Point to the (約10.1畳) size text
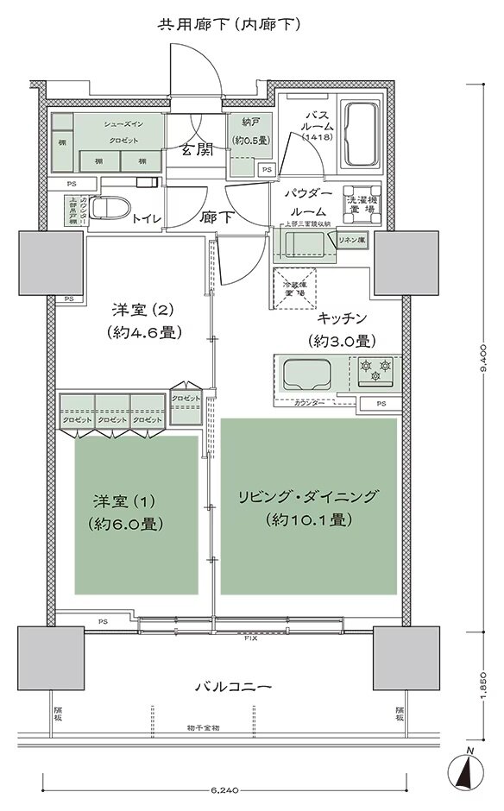click(x=307, y=519)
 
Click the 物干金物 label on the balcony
click(x=203, y=727)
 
